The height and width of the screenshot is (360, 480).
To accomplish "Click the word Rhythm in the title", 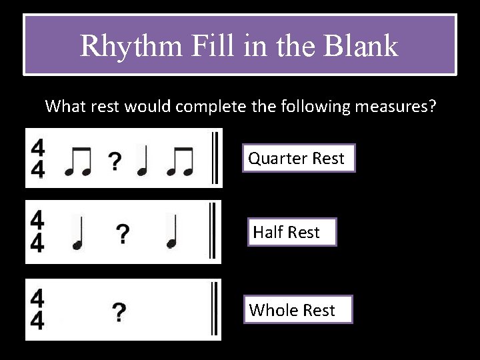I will (x=129, y=46).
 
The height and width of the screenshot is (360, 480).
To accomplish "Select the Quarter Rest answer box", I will (x=297, y=158).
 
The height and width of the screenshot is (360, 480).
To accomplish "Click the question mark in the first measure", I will (x=115, y=160).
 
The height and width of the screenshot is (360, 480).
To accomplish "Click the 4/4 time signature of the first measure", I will (x=39, y=159).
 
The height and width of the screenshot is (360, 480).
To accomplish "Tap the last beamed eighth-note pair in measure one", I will (x=180, y=160).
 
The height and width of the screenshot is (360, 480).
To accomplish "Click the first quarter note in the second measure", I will (x=79, y=233).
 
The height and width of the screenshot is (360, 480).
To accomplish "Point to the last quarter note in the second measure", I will (x=173, y=233).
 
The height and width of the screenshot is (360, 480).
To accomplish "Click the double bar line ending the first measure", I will (x=215, y=158).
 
